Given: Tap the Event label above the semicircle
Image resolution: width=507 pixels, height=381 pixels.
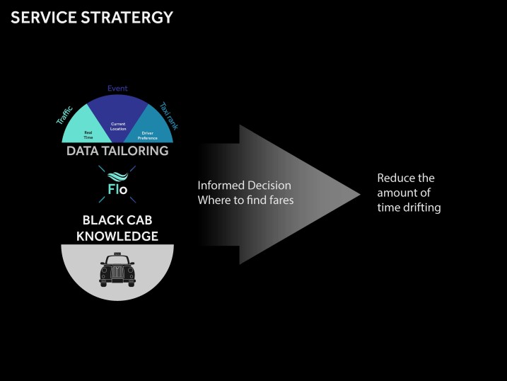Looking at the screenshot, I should (117, 89).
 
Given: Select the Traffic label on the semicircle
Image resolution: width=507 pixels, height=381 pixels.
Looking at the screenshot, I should (66, 115).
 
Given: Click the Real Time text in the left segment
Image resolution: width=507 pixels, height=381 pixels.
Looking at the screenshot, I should (88, 135).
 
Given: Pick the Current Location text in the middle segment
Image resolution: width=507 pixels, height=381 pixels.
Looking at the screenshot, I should (118, 127).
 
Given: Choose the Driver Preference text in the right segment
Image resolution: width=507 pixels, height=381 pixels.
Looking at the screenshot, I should (147, 135).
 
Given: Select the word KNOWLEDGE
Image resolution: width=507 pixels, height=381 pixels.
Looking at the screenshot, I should (117, 236).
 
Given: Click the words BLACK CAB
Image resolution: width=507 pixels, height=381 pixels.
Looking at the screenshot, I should (117, 220).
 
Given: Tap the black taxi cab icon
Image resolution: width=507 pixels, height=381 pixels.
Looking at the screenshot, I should (117, 269).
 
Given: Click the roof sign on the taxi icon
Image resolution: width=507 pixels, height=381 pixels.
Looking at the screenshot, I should (117, 255).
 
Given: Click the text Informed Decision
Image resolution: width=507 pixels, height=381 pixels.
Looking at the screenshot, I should (244, 185).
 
